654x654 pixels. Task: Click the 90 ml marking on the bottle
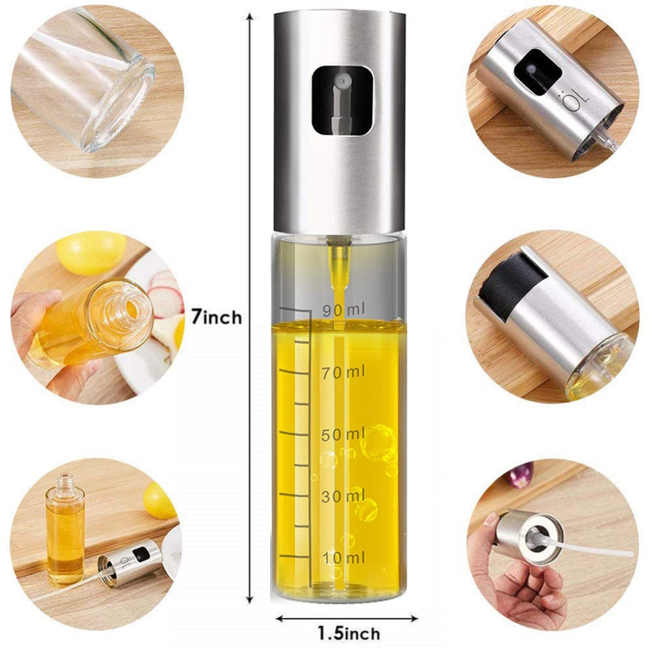pyautogui.click(x=344, y=310)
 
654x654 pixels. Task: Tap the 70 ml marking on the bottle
pyautogui.click(x=343, y=372)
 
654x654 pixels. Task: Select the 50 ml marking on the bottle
pyautogui.click(x=343, y=435)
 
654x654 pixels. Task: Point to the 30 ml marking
pyautogui.click(x=343, y=496)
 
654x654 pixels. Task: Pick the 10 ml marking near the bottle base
pyautogui.click(x=343, y=558)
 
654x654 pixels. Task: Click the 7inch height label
pyautogui.click(x=216, y=318)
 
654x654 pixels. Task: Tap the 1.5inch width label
pyautogui.click(x=349, y=634)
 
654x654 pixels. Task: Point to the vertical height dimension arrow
pyautogui.click(x=250, y=308)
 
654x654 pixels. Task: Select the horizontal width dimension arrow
pyautogui.click(x=347, y=618)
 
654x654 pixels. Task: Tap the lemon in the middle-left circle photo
pyautogui.click(x=91, y=252)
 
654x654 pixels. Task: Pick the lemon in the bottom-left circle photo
pyautogui.click(x=158, y=501)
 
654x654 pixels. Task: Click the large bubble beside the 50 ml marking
pyautogui.click(x=378, y=442)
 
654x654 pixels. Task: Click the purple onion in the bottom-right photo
pyautogui.click(x=521, y=475)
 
